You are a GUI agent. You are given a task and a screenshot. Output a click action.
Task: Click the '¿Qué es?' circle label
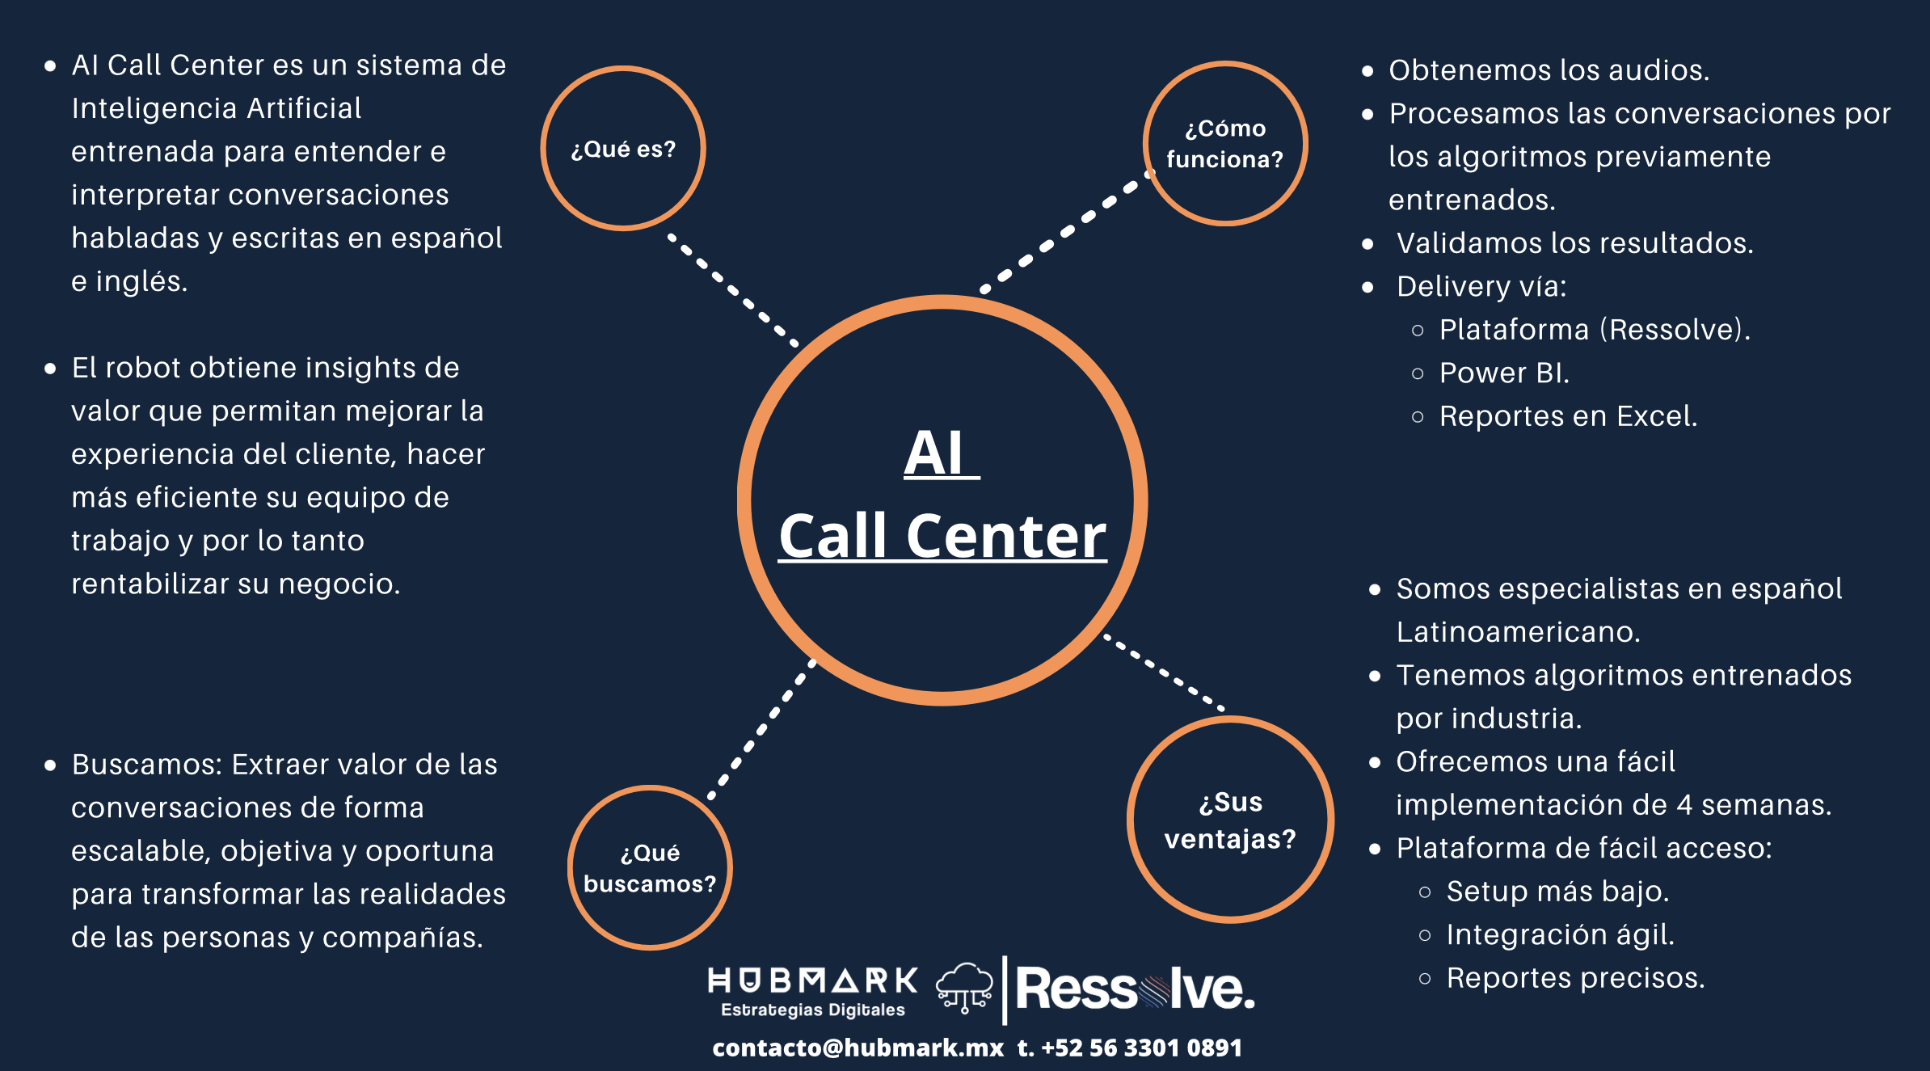click(x=623, y=150)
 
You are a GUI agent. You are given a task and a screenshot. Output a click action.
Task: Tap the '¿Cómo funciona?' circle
click(x=1225, y=144)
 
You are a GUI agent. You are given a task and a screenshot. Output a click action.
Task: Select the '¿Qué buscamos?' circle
click(x=650, y=868)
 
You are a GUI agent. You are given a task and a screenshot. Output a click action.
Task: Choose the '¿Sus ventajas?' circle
click(x=1230, y=820)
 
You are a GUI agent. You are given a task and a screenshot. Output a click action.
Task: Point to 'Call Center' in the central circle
click(x=942, y=536)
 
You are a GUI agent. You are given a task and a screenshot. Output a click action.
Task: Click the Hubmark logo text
click(x=813, y=981)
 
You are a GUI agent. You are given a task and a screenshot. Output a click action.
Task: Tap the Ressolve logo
click(x=1135, y=989)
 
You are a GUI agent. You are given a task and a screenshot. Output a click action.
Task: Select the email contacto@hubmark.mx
click(x=858, y=1048)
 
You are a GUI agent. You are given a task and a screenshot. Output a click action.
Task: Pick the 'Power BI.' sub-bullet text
click(x=1504, y=373)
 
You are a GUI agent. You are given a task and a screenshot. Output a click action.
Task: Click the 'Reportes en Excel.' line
click(x=1568, y=416)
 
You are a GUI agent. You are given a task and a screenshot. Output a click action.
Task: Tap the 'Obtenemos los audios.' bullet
click(x=1549, y=70)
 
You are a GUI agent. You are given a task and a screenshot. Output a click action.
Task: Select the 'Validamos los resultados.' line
click(x=1574, y=243)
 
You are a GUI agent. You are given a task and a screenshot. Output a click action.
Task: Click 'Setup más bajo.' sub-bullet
click(x=1557, y=892)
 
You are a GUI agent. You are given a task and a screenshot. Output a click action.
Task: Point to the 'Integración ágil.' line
click(x=1560, y=935)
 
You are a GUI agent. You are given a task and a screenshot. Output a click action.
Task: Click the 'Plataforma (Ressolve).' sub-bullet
click(x=1595, y=330)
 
